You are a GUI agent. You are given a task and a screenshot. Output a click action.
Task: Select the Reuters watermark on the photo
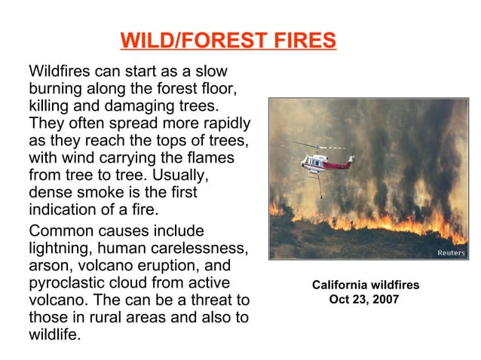pos(451,253)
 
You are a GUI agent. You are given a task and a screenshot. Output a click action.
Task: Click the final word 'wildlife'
pos(54,335)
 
